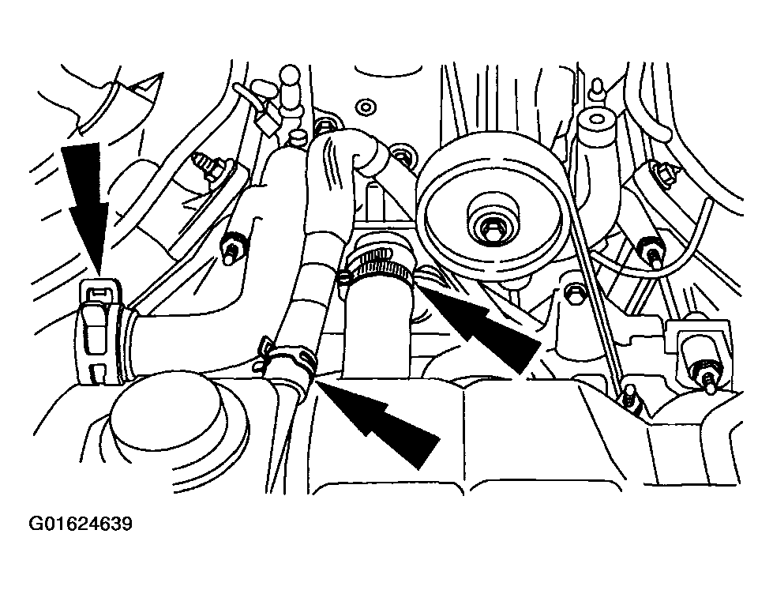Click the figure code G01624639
[x=81, y=524]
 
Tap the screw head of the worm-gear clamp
[x=344, y=277]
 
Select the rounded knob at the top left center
[x=290, y=77]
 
